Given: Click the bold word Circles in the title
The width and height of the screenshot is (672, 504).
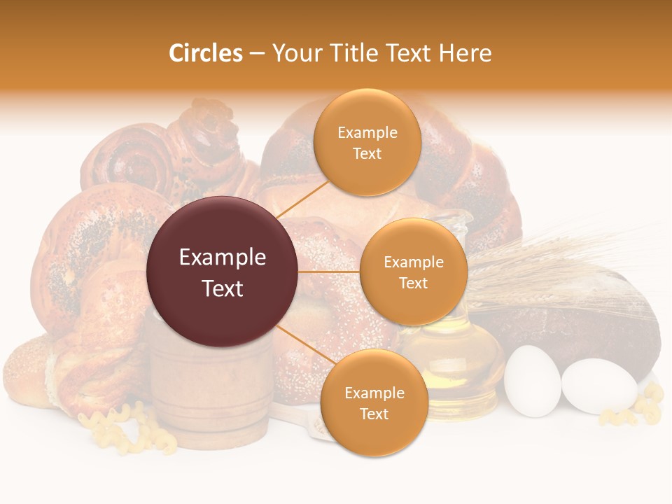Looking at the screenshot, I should click(206, 53).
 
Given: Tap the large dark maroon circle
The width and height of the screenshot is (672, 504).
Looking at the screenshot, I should click(223, 272).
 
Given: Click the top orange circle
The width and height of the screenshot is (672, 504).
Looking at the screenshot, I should click(367, 142).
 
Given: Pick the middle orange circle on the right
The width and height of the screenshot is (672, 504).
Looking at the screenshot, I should click(413, 272).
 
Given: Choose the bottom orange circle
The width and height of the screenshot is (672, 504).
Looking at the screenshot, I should click(374, 402).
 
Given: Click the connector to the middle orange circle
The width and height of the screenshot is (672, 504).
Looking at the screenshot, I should click(329, 272).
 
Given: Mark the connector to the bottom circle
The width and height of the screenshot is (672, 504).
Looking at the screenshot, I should click(304, 346).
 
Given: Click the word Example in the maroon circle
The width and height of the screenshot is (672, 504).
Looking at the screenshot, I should click(223, 258).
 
